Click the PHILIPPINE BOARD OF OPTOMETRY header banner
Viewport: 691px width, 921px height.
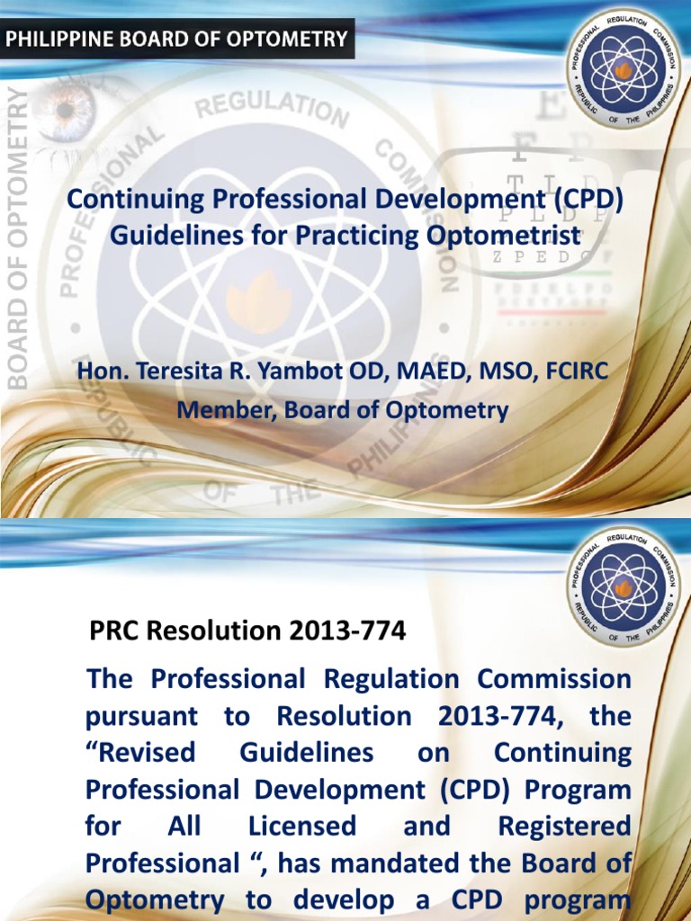(176, 39)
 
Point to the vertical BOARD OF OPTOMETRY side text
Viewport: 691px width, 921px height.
(18, 238)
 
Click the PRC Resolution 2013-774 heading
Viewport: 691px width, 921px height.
(247, 631)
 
